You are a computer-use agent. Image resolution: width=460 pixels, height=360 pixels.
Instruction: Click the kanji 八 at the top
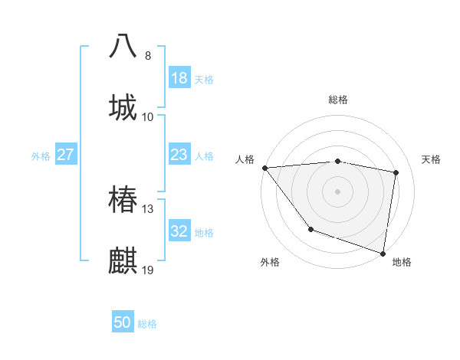click(123, 45)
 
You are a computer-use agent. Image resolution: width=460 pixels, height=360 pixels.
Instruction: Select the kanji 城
click(123, 106)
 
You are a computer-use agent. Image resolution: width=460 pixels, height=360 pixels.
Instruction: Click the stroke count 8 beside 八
click(148, 55)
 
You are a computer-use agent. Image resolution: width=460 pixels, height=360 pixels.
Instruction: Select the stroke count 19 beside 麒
click(148, 270)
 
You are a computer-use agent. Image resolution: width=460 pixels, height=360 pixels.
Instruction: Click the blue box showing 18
click(179, 78)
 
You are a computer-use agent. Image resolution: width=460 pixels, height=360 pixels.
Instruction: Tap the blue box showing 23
click(179, 155)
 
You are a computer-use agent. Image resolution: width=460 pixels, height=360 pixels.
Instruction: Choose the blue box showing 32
click(179, 232)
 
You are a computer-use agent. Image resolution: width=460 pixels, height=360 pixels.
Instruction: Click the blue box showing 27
click(65, 155)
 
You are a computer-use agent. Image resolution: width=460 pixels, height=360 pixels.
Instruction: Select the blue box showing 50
click(123, 323)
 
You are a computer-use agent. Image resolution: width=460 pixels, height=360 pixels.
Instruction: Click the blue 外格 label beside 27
click(41, 156)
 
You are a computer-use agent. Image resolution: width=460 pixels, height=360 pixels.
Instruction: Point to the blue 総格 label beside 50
click(147, 324)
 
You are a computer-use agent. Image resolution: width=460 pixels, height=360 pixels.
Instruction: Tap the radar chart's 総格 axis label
click(338, 100)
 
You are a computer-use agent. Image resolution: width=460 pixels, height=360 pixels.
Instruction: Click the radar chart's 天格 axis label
click(432, 159)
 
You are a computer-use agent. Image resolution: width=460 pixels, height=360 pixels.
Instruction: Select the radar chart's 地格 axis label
click(402, 262)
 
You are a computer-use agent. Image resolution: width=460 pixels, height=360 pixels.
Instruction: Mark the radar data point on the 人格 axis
click(264, 168)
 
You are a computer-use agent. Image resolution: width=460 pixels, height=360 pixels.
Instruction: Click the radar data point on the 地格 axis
click(383, 253)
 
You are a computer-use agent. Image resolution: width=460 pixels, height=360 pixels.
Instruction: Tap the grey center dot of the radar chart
click(338, 191)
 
